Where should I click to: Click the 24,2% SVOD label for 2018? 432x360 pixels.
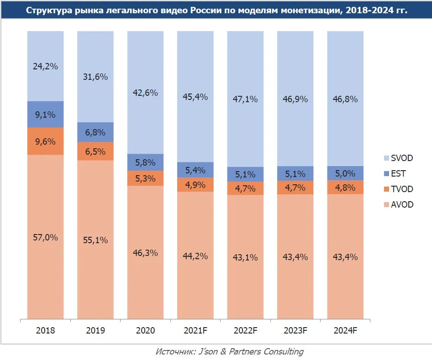click(x=45, y=66)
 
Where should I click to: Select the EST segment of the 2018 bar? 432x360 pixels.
click(x=45, y=114)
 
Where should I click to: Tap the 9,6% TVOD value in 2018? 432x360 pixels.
click(x=45, y=141)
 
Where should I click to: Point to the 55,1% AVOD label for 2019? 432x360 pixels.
click(x=95, y=240)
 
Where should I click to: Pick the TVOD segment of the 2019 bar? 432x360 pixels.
click(x=95, y=151)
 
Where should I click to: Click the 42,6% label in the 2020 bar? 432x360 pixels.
click(x=145, y=93)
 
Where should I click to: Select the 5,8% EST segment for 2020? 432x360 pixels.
click(x=145, y=162)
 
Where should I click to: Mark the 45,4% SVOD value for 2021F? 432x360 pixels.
click(x=195, y=97)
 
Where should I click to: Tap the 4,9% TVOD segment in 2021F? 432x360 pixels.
click(x=195, y=185)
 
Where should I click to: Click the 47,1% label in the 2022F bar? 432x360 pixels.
click(x=245, y=99)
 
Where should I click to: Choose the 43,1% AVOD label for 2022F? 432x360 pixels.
click(x=245, y=257)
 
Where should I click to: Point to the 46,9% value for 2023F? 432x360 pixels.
click(x=295, y=99)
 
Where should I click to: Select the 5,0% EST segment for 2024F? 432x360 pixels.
click(x=345, y=173)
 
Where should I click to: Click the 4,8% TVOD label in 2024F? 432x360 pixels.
click(x=345, y=188)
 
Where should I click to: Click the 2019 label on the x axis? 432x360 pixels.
click(x=95, y=330)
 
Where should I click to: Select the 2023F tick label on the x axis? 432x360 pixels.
click(x=295, y=330)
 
